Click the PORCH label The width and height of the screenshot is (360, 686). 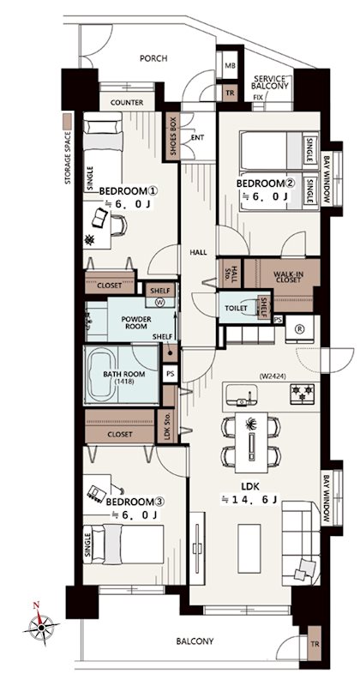click(x=153, y=58)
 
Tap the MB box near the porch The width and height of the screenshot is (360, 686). click(x=230, y=66)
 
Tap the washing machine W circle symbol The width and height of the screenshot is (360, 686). click(x=160, y=302)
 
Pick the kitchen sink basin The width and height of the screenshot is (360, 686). click(x=241, y=397)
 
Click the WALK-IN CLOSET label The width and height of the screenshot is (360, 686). click(x=288, y=277)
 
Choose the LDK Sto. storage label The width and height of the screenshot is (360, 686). click(x=166, y=426)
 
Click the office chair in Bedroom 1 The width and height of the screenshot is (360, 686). click(x=119, y=226)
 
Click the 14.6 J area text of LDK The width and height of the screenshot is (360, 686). click(x=249, y=499)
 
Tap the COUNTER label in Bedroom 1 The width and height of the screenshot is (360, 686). click(x=127, y=103)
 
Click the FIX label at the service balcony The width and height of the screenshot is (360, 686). click(x=258, y=97)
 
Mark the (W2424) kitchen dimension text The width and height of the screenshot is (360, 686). click(x=273, y=376)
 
